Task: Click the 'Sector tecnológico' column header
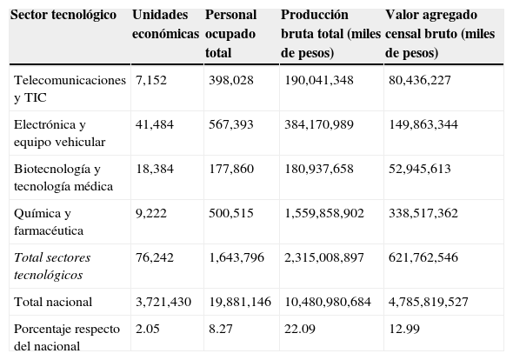point(64,16)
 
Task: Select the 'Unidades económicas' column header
point(165,23)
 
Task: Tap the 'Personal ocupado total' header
point(232,33)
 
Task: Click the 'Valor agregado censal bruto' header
point(441,33)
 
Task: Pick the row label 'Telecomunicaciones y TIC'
point(70,88)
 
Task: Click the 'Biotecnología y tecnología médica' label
point(58,177)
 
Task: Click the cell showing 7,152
point(151,80)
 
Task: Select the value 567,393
point(230,125)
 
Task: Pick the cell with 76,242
point(155,257)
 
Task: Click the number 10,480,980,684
point(328,302)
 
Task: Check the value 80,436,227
point(421,80)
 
